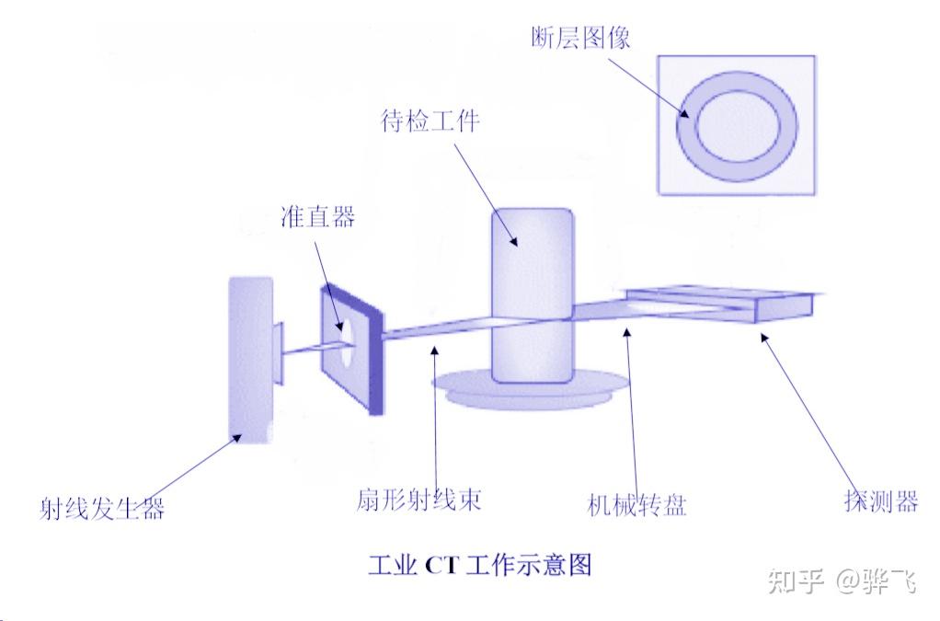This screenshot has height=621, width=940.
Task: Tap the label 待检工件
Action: pos(430,121)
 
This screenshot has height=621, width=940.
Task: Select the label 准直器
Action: pos(316,217)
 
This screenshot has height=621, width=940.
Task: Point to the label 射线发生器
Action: pos(101,507)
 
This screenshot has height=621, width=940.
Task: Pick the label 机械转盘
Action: pos(636,504)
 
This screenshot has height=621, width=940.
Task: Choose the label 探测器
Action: pos(880,501)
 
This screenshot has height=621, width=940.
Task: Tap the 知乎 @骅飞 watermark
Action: pos(842,581)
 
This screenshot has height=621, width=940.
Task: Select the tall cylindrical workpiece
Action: pos(533,294)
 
